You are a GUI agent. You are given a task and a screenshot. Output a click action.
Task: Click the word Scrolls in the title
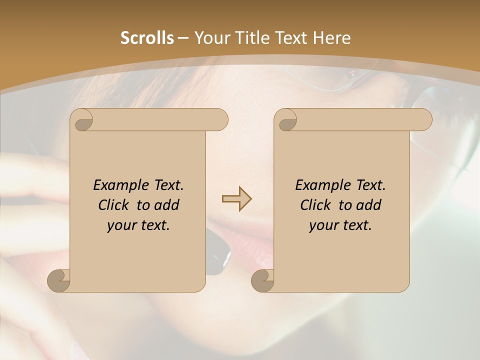147,38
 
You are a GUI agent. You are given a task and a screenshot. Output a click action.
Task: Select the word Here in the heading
331,38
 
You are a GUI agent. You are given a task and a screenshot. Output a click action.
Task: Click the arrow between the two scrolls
236,199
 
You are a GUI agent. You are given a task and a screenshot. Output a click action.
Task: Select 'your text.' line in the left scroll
138,225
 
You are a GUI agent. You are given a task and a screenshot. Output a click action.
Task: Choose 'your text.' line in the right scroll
340,225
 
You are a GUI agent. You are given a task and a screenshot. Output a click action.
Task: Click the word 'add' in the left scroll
167,205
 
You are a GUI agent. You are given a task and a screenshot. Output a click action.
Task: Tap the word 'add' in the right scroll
369,205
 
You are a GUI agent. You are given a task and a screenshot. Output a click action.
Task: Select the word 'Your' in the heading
210,38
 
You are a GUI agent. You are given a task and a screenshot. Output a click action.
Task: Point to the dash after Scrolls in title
183,38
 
